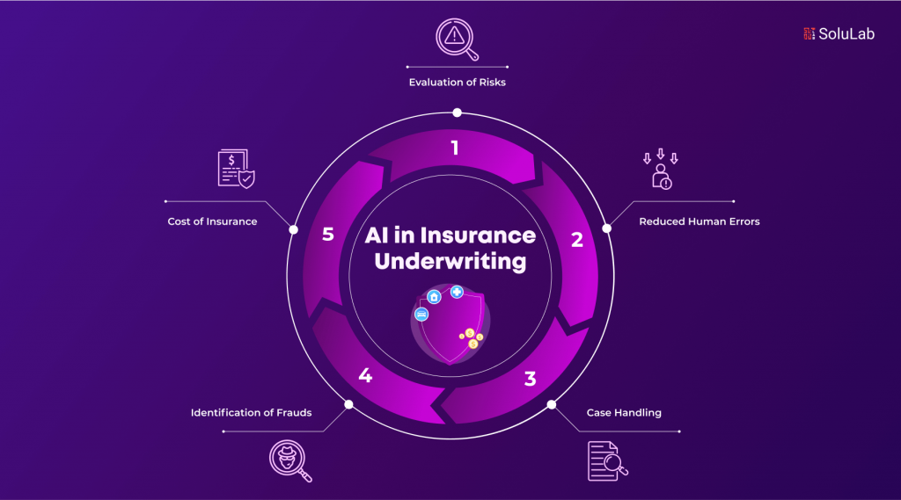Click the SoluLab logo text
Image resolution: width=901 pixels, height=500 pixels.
click(846, 34)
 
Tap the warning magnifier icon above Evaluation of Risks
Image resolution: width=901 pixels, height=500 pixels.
click(457, 39)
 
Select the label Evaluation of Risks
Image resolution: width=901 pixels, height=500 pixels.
click(458, 82)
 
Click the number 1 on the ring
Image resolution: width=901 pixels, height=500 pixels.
click(455, 149)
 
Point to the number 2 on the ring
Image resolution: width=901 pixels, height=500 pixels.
click(577, 239)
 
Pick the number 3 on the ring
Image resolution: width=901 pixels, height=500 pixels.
click(530, 379)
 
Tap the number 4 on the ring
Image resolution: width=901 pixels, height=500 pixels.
click(365, 375)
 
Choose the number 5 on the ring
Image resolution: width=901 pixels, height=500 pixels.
click(328, 235)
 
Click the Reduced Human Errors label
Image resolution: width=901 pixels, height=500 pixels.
click(700, 221)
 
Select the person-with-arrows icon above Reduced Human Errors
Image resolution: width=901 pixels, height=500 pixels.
click(661, 170)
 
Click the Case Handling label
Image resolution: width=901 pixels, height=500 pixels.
click(624, 413)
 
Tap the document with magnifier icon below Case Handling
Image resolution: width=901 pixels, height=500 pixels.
click(607, 461)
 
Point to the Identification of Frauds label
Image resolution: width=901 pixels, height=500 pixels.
click(251, 413)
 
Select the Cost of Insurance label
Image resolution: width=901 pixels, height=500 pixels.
click(213, 221)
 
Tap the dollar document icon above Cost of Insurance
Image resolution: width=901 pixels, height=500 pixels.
click(236, 168)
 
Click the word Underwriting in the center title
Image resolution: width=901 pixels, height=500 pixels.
click(450, 261)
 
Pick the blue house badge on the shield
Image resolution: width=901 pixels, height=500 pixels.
click(434, 297)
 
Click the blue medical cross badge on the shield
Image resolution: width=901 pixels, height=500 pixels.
click(457, 292)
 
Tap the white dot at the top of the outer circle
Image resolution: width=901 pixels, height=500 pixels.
click(457, 112)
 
